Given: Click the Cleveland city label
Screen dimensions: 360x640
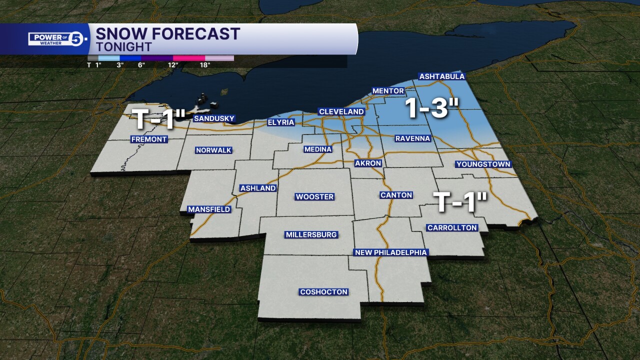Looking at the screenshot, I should tap(341, 111).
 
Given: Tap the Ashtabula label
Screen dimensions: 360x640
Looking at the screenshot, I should tap(442, 76).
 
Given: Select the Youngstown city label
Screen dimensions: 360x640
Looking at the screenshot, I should tap(483, 164).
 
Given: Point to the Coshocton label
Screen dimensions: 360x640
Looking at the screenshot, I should tap(323, 292).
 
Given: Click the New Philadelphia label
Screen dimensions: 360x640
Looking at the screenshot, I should tap(390, 252).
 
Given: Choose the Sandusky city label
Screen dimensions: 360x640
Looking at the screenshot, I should tap(214, 118).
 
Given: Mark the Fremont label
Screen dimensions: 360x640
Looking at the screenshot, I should tap(149, 139).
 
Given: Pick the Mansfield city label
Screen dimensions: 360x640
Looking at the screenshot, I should tap(209, 209).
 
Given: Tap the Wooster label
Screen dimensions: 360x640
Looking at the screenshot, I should tap(314, 197).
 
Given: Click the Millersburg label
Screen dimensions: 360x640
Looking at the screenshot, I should tap(311, 234).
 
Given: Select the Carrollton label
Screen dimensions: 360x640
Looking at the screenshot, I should tap(452, 228).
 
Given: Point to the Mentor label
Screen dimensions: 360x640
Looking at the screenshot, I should tap(388, 91).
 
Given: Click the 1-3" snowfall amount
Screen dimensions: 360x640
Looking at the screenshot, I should tap(433, 107).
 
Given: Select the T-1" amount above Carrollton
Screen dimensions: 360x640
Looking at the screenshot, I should tap(460, 202).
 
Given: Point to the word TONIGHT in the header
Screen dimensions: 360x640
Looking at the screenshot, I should tap(123, 47).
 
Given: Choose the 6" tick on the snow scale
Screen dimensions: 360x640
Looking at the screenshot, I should tap(142, 65).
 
